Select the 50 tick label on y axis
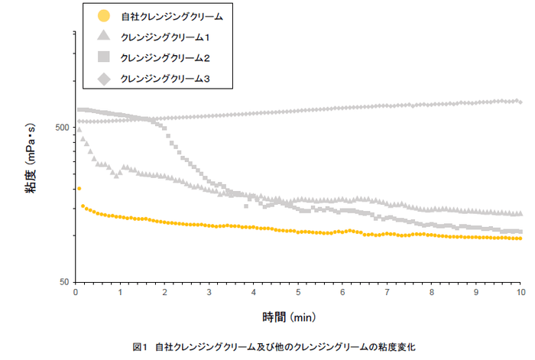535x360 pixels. click(x=65, y=282)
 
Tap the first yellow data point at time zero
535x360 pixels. click(x=79, y=189)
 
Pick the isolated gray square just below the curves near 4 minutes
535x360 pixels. click(x=246, y=206)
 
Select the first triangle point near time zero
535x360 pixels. click(x=79, y=130)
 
